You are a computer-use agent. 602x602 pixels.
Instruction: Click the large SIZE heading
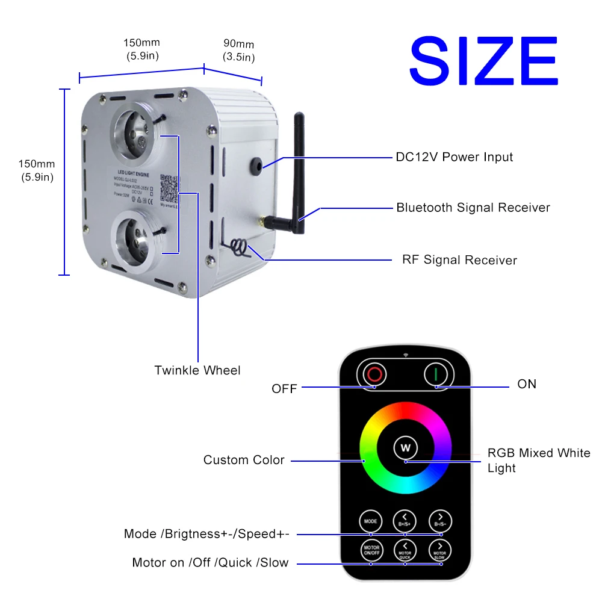(x=483, y=61)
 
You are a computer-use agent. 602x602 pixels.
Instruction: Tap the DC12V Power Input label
(x=454, y=157)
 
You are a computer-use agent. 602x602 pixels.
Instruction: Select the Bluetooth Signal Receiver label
(x=473, y=208)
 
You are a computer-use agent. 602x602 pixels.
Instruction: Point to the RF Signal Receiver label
(x=459, y=260)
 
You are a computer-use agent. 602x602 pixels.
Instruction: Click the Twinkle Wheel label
(x=197, y=370)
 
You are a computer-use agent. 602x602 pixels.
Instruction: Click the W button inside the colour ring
(x=405, y=447)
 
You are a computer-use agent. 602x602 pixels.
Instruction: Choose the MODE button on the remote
(x=370, y=520)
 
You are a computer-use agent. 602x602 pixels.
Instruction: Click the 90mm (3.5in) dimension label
(x=238, y=51)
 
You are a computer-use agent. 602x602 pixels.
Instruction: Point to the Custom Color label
(x=244, y=460)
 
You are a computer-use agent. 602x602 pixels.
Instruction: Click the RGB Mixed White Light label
(x=539, y=460)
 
